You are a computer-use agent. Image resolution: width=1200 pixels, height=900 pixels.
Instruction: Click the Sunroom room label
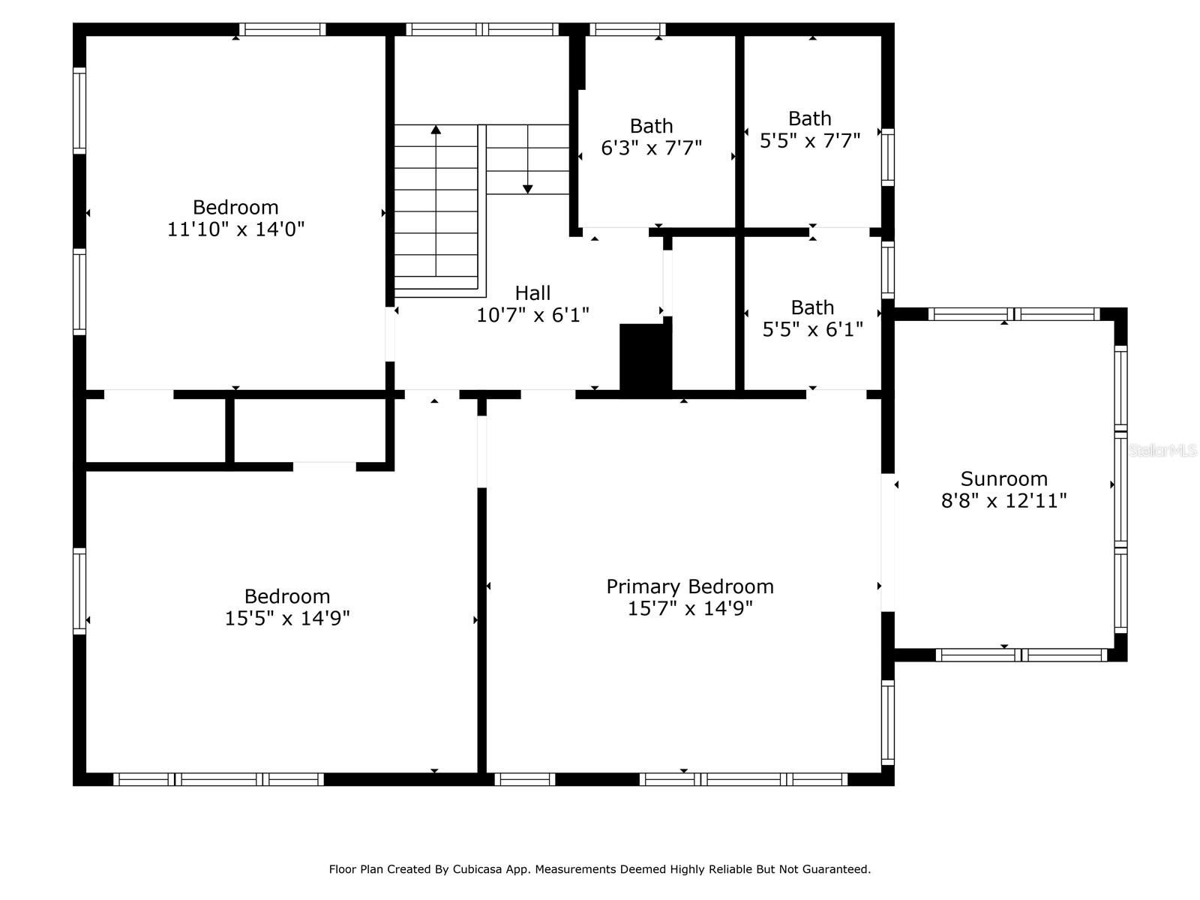(1003, 478)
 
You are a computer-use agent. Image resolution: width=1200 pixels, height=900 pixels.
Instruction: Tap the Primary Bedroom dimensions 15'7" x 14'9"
(689, 608)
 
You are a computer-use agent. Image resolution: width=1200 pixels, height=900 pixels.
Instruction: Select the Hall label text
(532, 293)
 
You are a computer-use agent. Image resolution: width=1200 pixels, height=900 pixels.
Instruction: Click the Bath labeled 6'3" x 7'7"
(651, 137)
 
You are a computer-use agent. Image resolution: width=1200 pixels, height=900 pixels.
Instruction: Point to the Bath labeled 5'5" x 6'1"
(812, 319)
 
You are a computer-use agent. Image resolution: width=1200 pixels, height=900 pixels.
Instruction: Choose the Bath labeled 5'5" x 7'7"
(809, 130)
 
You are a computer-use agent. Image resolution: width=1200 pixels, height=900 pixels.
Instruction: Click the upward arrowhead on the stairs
(436, 130)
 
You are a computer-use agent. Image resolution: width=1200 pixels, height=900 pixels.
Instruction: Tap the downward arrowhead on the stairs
(527, 189)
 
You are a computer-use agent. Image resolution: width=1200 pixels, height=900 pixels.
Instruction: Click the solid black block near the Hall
(643, 357)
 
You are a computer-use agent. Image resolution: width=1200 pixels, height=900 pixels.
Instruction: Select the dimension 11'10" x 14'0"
(235, 229)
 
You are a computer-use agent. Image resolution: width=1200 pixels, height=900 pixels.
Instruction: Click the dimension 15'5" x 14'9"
(287, 618)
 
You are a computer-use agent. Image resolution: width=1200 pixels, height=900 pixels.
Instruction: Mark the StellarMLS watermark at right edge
(1162, 451)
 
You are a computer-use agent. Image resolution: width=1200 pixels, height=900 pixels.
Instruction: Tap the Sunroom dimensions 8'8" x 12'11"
(1003, 501)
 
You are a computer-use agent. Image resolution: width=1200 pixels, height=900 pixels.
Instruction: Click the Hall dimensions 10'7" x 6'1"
(532, 315)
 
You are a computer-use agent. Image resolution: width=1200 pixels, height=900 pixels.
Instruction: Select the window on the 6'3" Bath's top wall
(627, 30)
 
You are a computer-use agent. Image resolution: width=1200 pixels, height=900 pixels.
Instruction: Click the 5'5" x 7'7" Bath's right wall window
(887, 157)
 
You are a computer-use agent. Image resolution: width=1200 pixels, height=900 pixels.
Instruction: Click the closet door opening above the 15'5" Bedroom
(324, 466)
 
